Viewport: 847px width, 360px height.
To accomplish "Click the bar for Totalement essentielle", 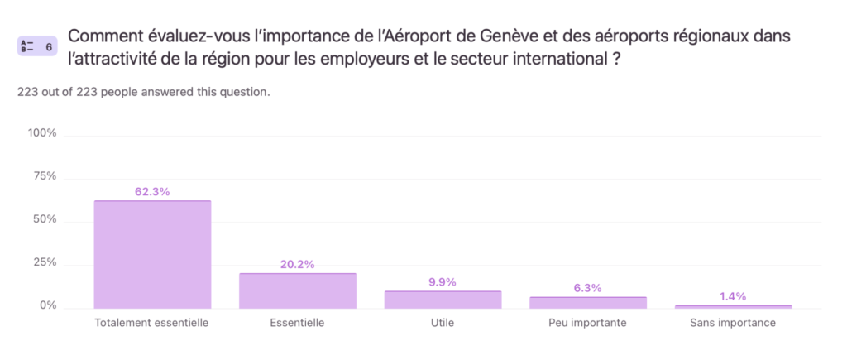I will click(x=152, y=254).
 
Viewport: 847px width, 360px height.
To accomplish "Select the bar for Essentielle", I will click(x=298, y=290).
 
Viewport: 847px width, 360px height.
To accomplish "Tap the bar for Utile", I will click(x=443, y=300).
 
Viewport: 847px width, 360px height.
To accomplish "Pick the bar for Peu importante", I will click(x=588, y=302).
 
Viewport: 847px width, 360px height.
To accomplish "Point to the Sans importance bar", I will click(x=733, y=306).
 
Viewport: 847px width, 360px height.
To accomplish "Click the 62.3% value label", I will click(x=152, y=192).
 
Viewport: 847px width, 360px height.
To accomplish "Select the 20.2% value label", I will click(x=298, y=265).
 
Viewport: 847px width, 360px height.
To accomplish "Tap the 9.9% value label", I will click(x=443, y=282).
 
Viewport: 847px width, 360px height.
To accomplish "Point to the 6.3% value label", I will click(x=588, y=288).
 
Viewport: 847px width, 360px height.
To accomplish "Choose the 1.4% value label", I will click(x=733, y=296).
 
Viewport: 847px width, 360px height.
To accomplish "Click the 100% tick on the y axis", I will click(x=42, y=133).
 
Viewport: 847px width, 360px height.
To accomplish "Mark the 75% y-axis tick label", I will click(x=45, y=176).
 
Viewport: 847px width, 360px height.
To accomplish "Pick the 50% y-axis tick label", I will click(x=45, y=219).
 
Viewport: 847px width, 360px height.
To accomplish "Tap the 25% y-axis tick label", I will click(x=45, y=262).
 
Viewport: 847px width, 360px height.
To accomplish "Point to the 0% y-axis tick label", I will click(x=48, y=305).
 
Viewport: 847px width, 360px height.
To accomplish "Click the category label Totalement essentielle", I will click(x=152, y=323).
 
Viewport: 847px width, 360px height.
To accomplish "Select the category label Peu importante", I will click(x=588, y=323).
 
